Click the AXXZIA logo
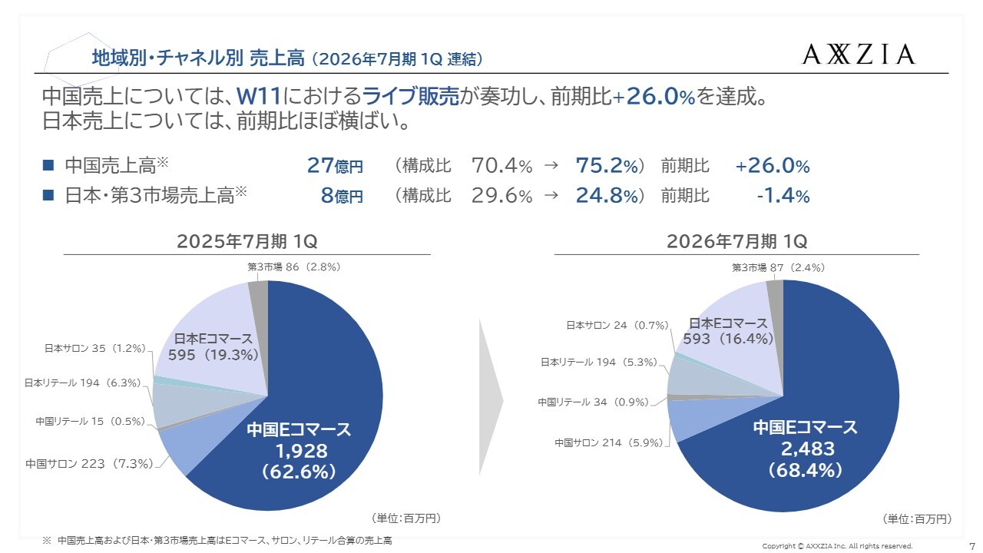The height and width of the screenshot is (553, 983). pyautogui.click(x=859, y=54)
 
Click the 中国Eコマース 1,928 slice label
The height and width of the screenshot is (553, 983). pyautogui.click(x=299, y=451)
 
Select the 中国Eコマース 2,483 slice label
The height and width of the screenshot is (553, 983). pyautogui.click(x=806, y=449)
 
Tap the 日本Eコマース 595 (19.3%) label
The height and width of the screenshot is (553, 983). pyautogui.click(x=213, y=346)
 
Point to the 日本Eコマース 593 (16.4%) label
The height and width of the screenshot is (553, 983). pyautogui.click(x=727, y=331)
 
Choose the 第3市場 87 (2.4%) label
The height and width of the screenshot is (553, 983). pyautogui.click(x=778, y=267)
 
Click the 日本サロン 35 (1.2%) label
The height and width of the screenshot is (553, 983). pyautogui.click(x=94, y=348)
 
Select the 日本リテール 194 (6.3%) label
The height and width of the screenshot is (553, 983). pyautogui.click(x=84, y=382)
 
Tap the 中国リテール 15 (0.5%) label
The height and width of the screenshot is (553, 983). pyautogui.click(x=90, y=421)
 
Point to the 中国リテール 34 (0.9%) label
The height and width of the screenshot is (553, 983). pyautogui.click(x=593, y=402)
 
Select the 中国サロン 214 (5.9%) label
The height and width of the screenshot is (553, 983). pyautogui.click(x=608, y=442)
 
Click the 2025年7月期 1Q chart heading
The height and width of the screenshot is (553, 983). pyautogui.click(x=247, y=241)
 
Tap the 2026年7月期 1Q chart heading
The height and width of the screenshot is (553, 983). pyautogui.click(x=736, y=241)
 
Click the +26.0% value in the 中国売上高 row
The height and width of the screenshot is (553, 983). pyautogui.click(x=772, y=166)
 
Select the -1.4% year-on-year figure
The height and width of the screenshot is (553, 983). pyautogui.click(x=783, y=196)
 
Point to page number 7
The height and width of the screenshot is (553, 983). pyautogui.click(x=972, y=545)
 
